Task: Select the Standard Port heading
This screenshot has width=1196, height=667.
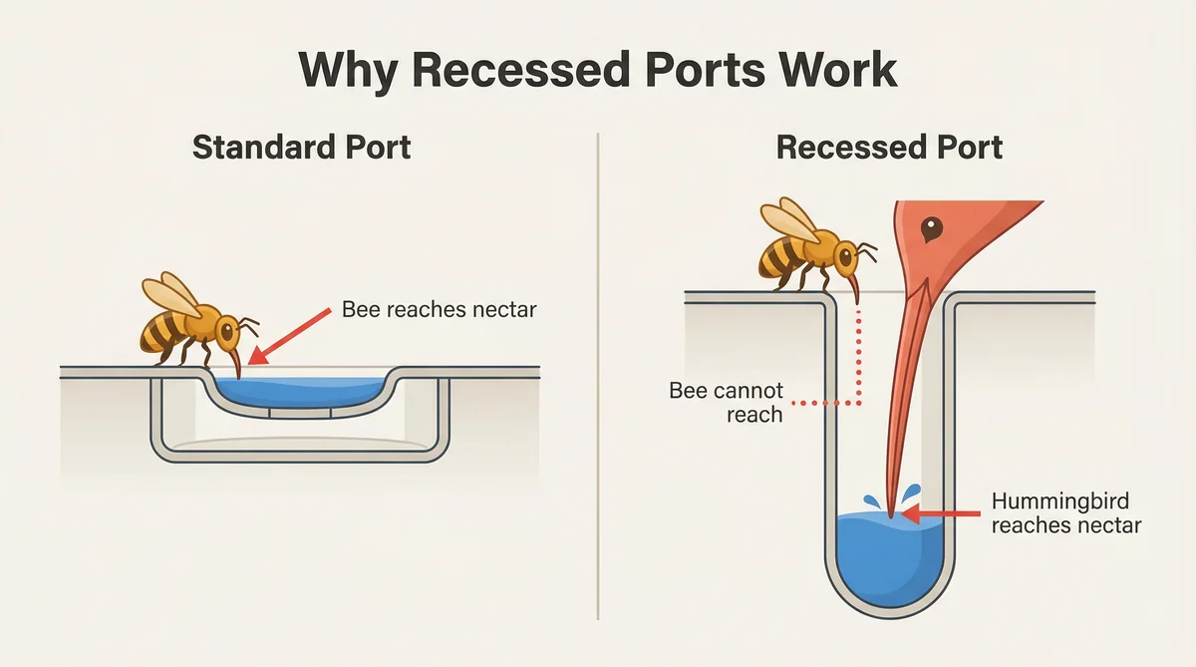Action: pyautogui.click(x=301, y=148)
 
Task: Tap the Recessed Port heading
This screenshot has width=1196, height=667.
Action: pyautogui.click(x=889, y=148)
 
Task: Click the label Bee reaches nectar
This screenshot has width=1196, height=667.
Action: pyautogui.click(x=439, y=309)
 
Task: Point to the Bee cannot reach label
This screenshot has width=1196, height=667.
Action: pyautogui.click(x=726, y=402)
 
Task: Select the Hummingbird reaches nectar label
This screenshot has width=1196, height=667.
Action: pyautogui.click(x=1065, y=512)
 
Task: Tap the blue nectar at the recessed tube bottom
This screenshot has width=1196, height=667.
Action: pyautogui.click(x=887, y=558)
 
